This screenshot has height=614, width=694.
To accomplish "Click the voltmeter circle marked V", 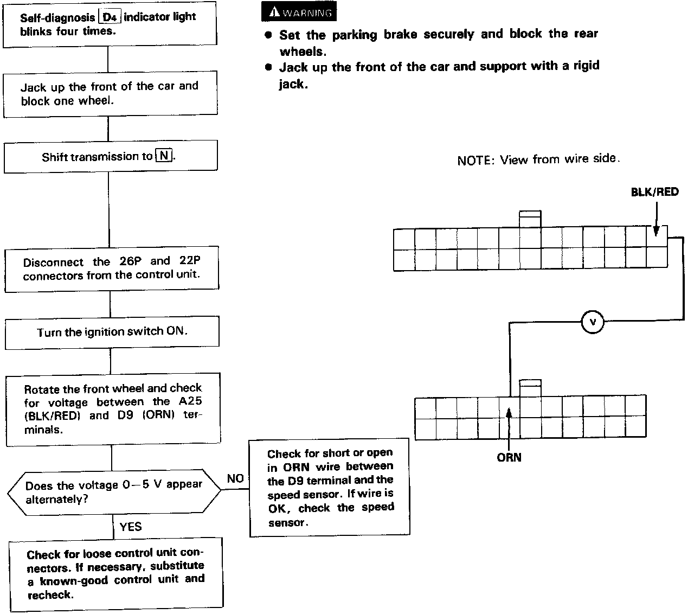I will (x=593, y=323).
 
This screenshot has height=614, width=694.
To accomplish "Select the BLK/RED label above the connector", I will (x=654, y=191).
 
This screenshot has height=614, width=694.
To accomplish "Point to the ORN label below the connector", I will (x=509, y=457).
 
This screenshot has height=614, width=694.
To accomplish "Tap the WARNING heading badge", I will (x=299, y=12).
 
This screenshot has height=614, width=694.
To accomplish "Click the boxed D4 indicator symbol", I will (x=110, y=17).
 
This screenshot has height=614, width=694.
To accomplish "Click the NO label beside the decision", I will (x=235, y=478).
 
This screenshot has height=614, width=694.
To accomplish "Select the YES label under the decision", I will (x=130, y=527).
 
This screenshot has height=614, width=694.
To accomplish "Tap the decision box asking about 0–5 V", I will (x=113, y=491).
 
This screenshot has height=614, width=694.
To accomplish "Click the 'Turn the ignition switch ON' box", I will (x=112, y=332).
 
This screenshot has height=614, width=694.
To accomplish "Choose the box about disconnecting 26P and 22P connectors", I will (x=112, y=269).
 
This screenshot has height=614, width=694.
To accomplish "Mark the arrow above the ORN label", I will (x=509, y=421).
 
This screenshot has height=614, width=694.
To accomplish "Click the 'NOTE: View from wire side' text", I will (x=538, y=159).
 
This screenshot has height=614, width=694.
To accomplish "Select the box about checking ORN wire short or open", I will (x=330, y=487).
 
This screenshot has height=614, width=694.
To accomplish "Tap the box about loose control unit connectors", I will (x=116, y=574).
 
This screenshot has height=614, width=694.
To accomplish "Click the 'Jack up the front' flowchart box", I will (x=110, y=93).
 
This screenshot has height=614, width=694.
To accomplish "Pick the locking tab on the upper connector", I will (x=530, y=219).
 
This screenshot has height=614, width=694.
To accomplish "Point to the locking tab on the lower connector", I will (x=530, y=388).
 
